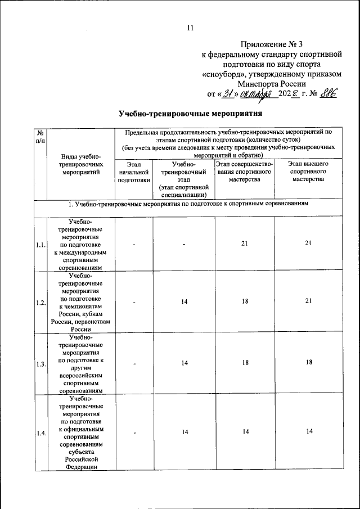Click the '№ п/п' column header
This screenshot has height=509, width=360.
[40, 137]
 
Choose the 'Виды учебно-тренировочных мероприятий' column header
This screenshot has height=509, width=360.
[82, 165]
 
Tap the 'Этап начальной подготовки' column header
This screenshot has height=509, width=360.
[134, 172]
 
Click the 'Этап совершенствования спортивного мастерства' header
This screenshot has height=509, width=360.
[244, 171]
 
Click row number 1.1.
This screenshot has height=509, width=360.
[40, 246]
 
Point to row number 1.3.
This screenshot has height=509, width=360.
[40, 364]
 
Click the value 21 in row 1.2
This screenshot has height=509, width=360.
[308, 302]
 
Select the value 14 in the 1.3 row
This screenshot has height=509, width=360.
[184, 363]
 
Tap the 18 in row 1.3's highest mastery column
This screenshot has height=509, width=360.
[308, 363]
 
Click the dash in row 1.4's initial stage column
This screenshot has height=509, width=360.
[134, 433]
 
